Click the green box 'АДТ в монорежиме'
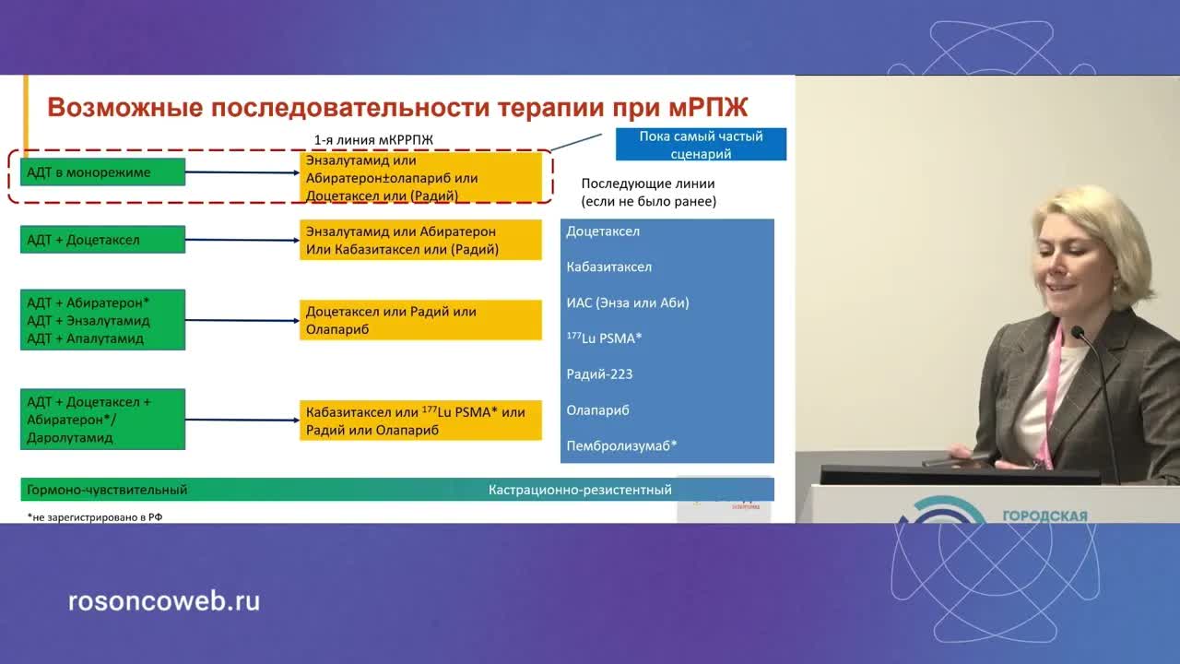click(102, 172)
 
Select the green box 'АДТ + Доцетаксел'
click(102, 240)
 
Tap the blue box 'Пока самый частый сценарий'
click(701, 145)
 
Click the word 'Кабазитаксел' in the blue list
click(608, 267)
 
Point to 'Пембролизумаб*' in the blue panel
click(621, 445)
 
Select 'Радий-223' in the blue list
click(599, 373)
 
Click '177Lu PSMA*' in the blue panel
click(604, 338)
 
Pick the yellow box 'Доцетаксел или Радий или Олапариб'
click(420, 320)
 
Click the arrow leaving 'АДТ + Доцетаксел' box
click(242, 240)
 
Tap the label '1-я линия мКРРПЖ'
click(373, 139)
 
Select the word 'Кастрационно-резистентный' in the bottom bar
click(580, 490)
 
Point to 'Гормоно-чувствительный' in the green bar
click(107, 490)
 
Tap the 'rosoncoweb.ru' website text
click(164, 601)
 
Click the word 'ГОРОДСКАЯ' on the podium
click(1044, 516)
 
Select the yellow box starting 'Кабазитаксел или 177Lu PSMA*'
click(420, 421)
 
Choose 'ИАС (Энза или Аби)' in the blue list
click(627, 302)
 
